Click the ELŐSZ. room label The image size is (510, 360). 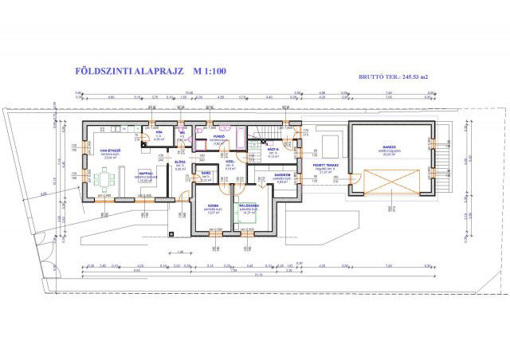click(180, 162)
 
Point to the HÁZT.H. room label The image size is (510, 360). click(271, 149)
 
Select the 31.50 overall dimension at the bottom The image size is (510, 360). click(258, 276)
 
